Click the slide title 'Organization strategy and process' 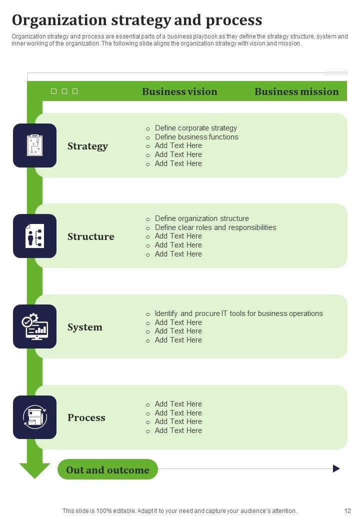tap(137, 20)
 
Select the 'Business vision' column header tap(179, 91)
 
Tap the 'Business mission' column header tap(296, 91)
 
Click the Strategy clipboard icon tap(34, 145)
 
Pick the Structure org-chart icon tap(34, 236)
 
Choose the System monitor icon tap(34, 326)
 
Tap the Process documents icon tap(34, 417)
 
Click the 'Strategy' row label tap(87, 146)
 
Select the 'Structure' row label tap(90, 236)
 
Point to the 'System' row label tap(84, 327)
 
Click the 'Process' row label tap(86, 417)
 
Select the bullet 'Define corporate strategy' tap(195, 128)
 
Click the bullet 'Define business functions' tap(196, 137)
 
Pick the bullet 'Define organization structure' tap(201, 218)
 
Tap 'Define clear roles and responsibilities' tap(215, 227)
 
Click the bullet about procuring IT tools tap(238, 313)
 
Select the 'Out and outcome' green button tap(107, 469)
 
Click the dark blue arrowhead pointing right tap(336, 468)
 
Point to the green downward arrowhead tap(34, 470)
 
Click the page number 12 tap(347, 511)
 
